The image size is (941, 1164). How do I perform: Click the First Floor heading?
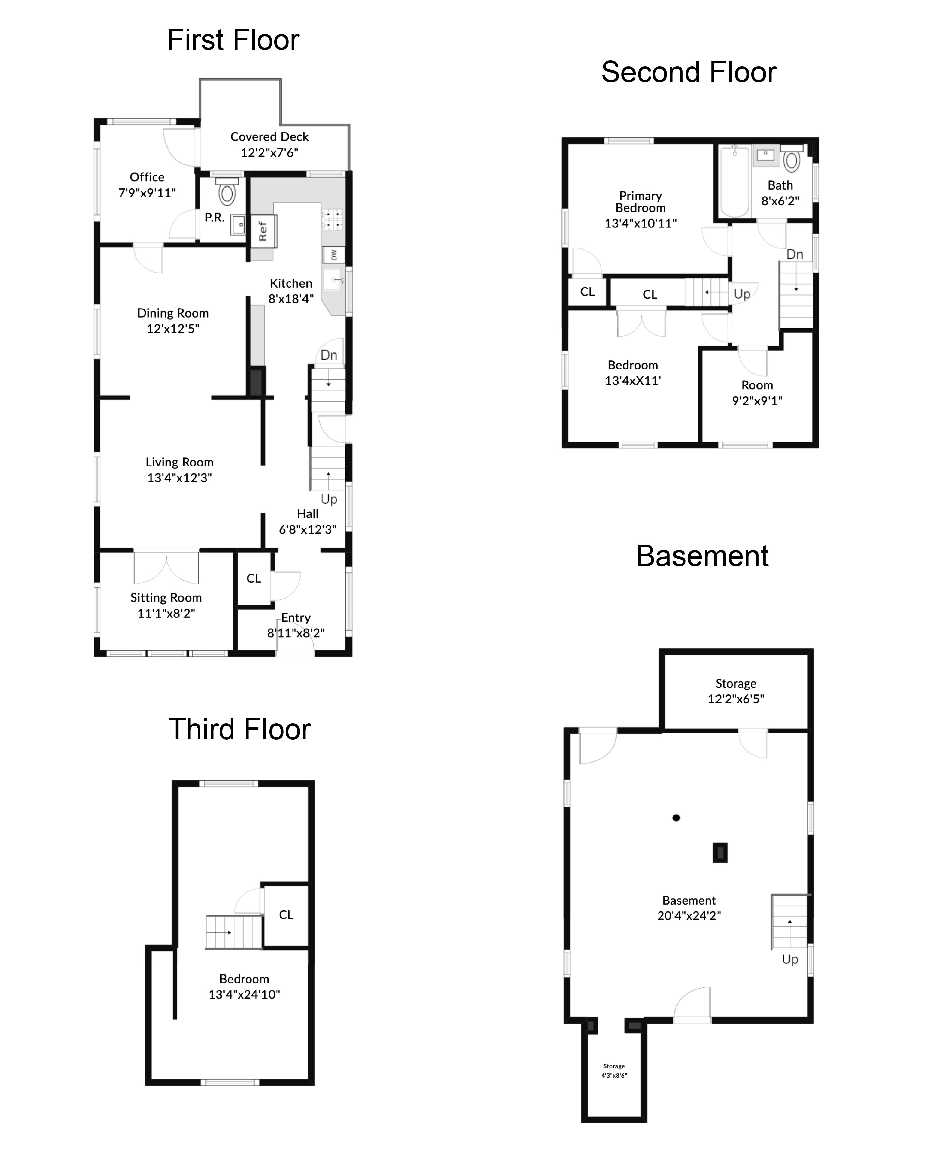click(233, 40)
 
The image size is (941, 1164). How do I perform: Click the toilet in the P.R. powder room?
click(227, 192)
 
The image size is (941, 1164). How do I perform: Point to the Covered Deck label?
click(270, 137)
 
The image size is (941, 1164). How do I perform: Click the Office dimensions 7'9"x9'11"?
click(147, 192)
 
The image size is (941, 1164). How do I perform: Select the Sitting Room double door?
click(166, 566)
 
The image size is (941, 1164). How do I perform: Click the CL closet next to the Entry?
click(254, 578)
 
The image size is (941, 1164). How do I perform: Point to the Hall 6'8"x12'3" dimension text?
click(308, 530)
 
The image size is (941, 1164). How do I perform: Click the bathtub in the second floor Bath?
click(734, 181)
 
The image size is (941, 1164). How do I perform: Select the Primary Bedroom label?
click(640, 202)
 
